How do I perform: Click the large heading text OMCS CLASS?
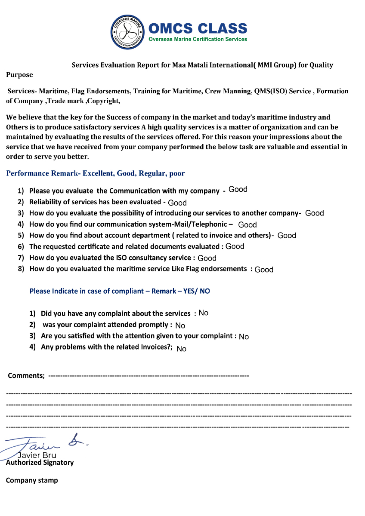point(198,29)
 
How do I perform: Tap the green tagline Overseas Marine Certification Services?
point(198,39)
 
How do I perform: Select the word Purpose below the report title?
point(19,75)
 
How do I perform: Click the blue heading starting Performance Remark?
point(95,174)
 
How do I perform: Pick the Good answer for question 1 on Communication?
point(238,190)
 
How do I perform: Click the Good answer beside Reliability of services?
point(177,203)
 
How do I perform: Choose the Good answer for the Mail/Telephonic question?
point(247,224)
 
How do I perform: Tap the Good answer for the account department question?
point(287,236)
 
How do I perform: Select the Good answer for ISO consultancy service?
point(207,258)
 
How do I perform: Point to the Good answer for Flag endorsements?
point(264,270)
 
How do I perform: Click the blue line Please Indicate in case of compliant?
point(120,291)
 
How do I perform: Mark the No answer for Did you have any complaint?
point(203,313)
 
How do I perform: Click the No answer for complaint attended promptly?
point(180,326)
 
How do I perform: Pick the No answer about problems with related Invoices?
point(182,348)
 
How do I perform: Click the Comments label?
point(26,375)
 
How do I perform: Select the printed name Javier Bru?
point(37,455)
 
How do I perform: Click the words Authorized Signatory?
point(40,463)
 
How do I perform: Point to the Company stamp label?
point(32,480)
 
